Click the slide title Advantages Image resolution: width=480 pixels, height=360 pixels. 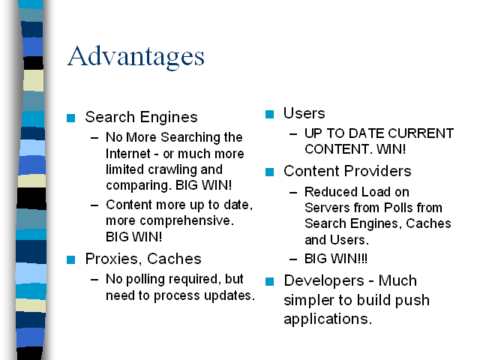(136, 56)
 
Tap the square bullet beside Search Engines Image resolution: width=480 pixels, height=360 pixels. (70, 118)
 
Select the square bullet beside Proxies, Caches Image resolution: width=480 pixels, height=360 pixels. (70, 259)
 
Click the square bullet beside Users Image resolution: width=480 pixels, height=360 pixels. (269, 114)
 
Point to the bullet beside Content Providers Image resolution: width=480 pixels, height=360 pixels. (269, 172)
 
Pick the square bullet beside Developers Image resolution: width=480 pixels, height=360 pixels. (269, 281)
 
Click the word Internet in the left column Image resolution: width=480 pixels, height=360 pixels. (128, 154)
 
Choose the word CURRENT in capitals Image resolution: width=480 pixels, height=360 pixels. (421, 133)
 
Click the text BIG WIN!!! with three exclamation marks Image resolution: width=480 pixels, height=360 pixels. (336, 259)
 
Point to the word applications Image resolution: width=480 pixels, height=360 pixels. (328, 319)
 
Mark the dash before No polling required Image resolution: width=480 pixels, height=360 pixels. (94, 280)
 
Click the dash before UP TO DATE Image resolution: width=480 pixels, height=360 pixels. (293, 134)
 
